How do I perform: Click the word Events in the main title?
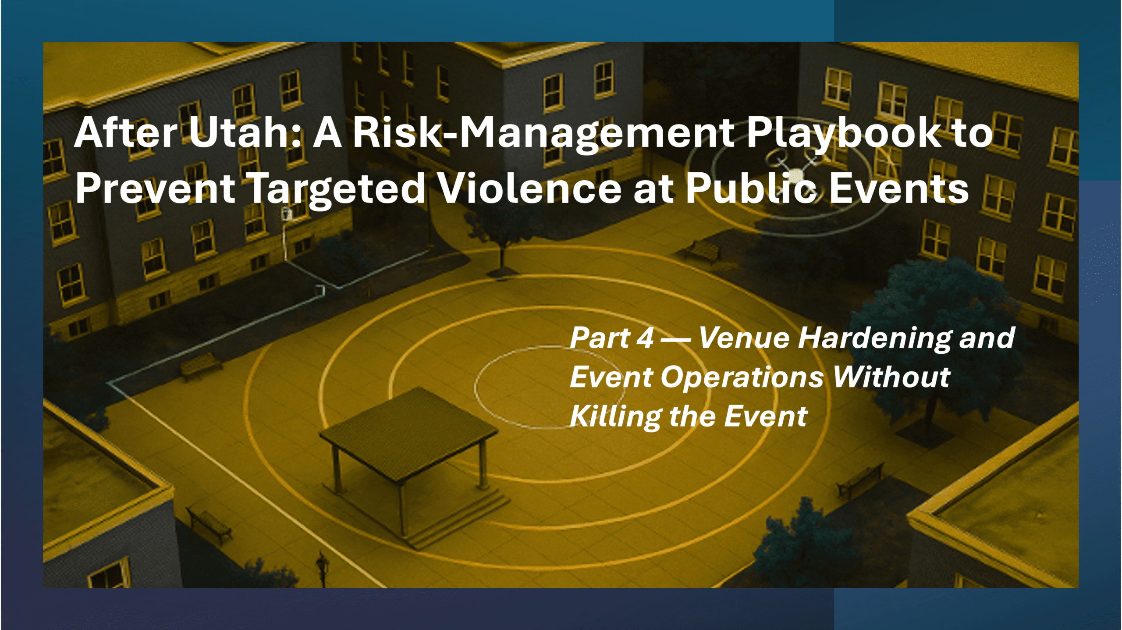pos(899,189)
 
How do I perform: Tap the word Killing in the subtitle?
pos(615,416)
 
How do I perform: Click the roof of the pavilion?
pos(408,430)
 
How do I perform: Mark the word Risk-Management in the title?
pos(544,133)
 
